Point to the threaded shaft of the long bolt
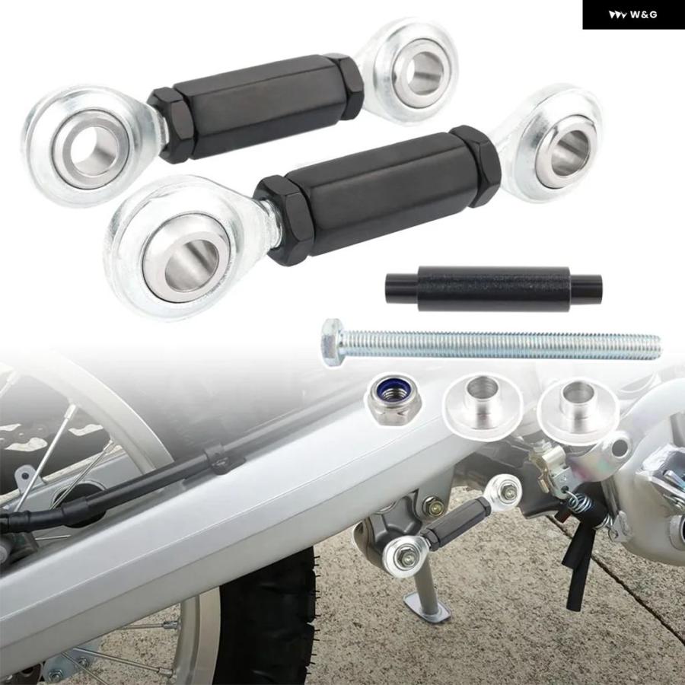[502, 345]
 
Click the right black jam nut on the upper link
[349, 86]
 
